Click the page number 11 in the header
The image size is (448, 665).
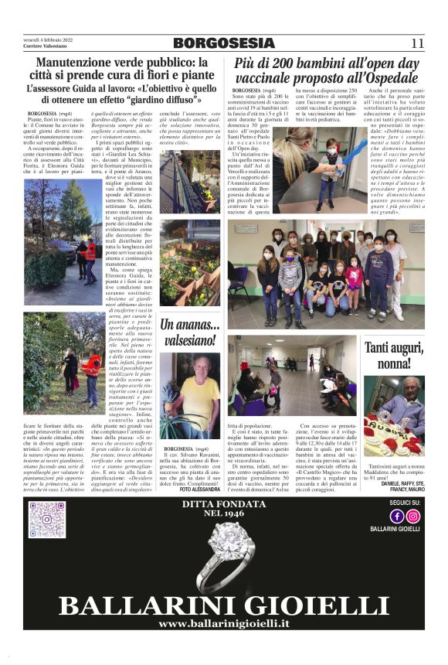pyautogui.click(x=418, y=43)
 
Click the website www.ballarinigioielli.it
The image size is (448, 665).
pyautogui.click(x=224, y=622)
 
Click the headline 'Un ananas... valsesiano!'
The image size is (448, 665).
pyautogui.click(x=189, y=332)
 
